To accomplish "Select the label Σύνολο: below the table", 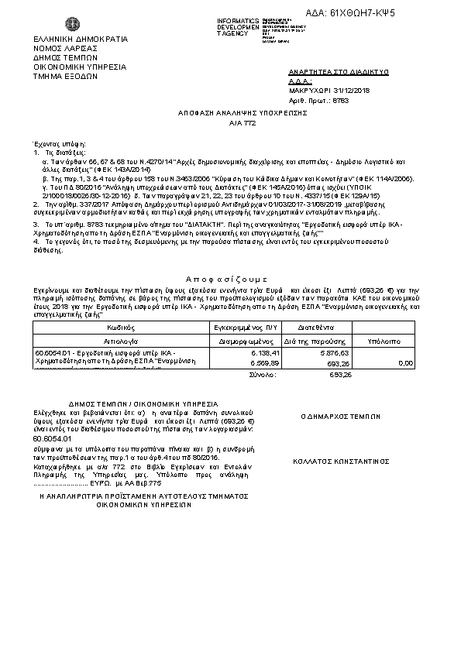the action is [263, 374].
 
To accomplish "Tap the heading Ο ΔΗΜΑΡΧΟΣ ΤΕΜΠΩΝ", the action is [329, 417].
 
